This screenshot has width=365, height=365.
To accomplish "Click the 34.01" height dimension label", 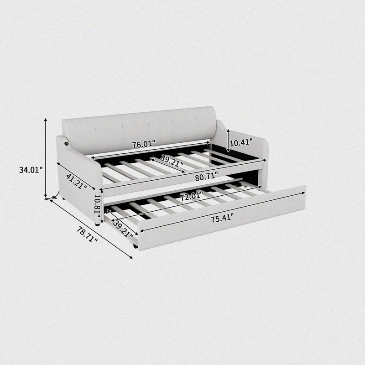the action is click(x=31, y=170).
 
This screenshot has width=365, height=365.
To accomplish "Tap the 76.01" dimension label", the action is click(x=144, y=144).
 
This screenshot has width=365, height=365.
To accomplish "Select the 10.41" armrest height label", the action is click(x=241, y=142).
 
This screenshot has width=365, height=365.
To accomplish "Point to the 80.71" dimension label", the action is click(x=207, y=177).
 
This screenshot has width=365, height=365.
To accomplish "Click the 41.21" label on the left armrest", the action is click(x=77, y=181).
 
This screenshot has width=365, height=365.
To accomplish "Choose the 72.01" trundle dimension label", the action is click(x=192, y=196).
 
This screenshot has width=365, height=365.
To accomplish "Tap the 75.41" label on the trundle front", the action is click(x=222, y=219).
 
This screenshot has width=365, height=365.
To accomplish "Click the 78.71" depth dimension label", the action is click(x=87, y=235).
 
